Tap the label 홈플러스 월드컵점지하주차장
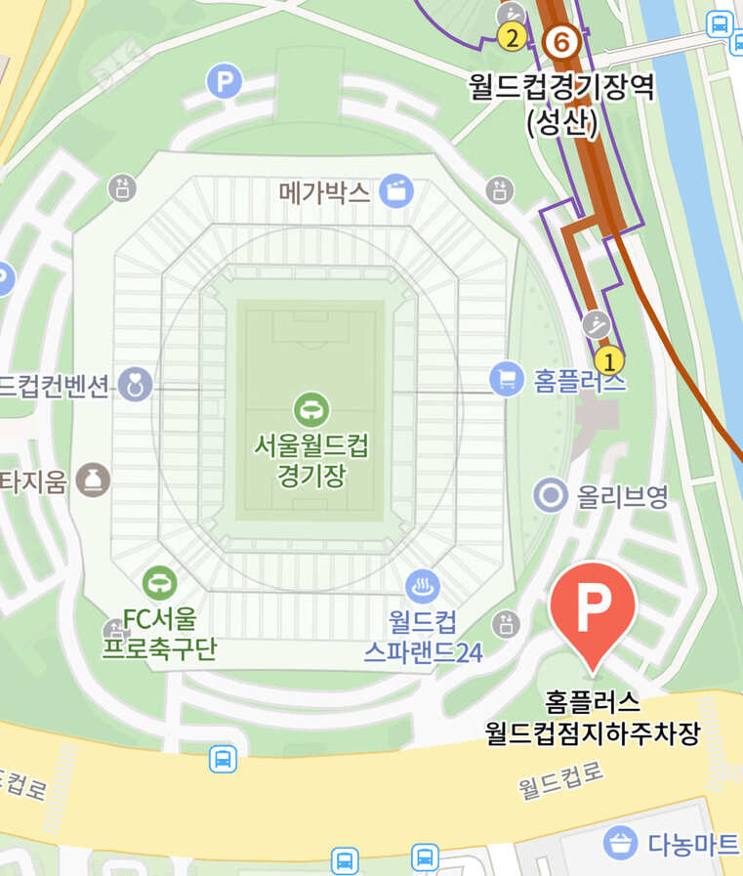pos(593,718)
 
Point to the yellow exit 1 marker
pos(609,361)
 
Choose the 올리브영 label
pos(622,496)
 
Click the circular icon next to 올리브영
pos(551,495)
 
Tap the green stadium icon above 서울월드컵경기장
pos(311,408)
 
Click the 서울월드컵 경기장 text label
pos(311,461)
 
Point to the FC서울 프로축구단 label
pos(159,634)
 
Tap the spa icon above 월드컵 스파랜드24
pos(423,587)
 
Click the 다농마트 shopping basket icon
pos(620,841)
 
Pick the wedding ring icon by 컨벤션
pos(136,385)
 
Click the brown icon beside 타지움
pos(94,480)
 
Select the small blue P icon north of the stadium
pos(225,81)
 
